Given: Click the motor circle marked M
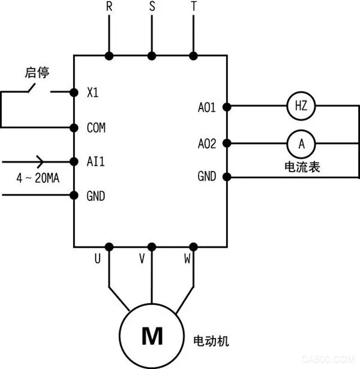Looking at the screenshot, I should [x=151, y=337].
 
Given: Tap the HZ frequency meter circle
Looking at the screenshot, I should [x=299, y=107].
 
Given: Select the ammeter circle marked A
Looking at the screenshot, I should [x=299, y=143].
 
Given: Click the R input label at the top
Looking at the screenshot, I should [x=109, y=7].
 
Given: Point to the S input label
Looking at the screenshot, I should [x=151, y=7].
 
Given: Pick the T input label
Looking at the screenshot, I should [x=193, y=7].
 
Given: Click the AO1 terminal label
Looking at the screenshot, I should [x=207, y=107].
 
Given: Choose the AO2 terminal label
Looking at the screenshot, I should [x=207, y=143].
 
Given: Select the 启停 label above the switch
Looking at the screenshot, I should [x=37, y=73].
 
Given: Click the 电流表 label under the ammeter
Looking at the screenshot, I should [x=302, y=166].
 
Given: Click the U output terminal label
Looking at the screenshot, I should [x=97, y=259].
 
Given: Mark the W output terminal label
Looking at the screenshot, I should [x=187, y=259].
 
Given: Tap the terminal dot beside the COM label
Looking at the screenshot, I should [x=74, y=127].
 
